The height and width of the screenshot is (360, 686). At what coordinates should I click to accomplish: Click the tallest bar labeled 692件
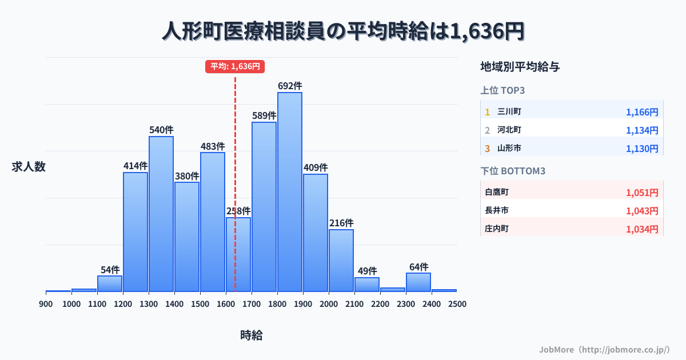290,192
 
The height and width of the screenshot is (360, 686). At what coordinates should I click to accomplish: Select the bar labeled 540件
161,214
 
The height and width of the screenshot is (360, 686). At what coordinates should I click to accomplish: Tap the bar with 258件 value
238,254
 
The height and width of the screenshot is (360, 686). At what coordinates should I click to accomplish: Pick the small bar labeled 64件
418,282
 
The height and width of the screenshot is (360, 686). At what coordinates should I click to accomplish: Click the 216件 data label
341,223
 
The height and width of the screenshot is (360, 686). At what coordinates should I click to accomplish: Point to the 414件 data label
135,166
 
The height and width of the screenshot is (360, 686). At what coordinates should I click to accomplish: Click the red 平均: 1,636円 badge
235,66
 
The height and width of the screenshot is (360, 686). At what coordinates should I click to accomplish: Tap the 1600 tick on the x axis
226,304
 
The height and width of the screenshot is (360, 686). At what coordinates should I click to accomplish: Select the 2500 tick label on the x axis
457,304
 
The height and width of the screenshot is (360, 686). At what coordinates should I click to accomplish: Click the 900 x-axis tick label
46,304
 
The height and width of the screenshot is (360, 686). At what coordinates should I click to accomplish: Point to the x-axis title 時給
252,335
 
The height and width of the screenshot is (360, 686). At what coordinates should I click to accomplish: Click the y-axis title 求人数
29,167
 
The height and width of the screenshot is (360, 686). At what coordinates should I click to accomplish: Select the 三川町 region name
509,111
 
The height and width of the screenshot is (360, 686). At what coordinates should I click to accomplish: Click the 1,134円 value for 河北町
642,130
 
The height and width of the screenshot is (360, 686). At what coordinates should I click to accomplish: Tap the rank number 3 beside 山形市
488,149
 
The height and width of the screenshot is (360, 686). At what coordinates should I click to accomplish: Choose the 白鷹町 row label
496,193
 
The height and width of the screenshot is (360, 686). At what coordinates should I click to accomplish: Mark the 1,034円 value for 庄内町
642,229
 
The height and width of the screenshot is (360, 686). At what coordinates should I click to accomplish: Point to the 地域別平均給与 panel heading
520,67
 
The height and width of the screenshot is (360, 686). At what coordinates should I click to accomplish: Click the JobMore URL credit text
604,349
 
